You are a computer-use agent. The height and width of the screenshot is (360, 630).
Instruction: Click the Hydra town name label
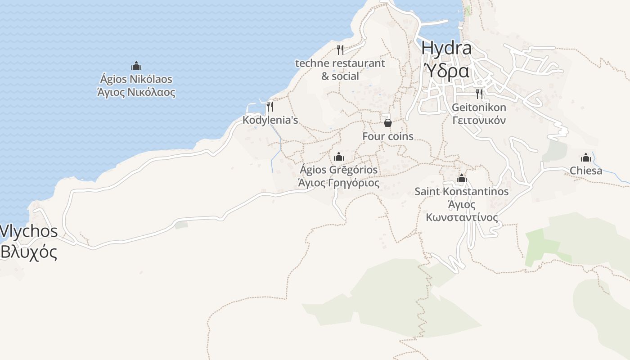[446, 48]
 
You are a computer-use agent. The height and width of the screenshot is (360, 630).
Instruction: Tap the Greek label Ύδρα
[448, 71]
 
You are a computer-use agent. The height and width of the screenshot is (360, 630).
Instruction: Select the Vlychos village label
[29, 231]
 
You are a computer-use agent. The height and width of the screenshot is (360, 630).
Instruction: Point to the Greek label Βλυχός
[29, 252]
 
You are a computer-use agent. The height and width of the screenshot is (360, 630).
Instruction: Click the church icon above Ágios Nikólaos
[136, 66]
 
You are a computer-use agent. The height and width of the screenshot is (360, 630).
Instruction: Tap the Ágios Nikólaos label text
[136, 79]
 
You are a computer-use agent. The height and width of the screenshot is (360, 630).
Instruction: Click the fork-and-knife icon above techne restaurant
[340, 49]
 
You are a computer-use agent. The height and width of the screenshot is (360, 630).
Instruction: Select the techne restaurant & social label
[340, 70]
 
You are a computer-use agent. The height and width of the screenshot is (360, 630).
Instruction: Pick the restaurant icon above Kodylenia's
[270, 107]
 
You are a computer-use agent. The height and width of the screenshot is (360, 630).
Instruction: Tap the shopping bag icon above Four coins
[388, 123]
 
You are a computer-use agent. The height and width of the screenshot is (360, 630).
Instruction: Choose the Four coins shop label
[388, 136]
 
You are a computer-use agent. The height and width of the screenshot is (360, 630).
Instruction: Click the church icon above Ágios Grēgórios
[339, 157]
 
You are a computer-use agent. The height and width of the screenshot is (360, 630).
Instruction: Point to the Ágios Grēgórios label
[339, 170]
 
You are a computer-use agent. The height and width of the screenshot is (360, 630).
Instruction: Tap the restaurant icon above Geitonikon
[479, 94]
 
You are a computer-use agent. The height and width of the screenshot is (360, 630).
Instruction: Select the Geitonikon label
[479, 108]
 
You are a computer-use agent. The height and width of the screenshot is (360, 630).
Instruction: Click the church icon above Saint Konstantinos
[462, 179]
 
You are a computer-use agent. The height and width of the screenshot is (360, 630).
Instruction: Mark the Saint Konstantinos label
[462, 192]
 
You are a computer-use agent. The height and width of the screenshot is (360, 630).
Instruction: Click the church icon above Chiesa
[586, 157]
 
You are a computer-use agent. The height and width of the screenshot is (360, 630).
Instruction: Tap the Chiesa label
[586, 171]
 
